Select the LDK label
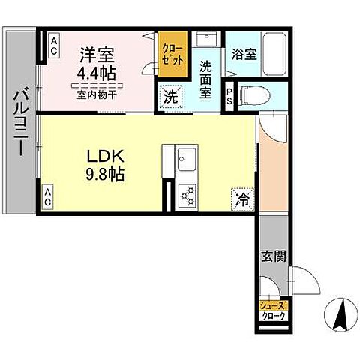click(103, 157)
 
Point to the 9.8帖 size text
click(103, 176)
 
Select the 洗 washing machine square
click(170, 97)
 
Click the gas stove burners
click(186, 196)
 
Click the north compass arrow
click(339, 313)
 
